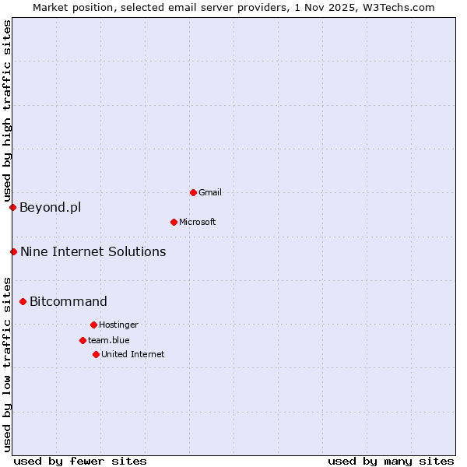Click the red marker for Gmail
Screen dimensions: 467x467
[x=193, y=192]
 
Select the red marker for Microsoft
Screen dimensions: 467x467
[x=174, y=222]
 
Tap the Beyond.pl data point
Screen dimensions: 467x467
[x=12, y=207]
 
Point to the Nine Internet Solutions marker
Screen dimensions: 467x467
[x=13, y=251]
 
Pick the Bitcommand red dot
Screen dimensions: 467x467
[x=23, y=301]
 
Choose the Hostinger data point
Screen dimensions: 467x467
[x=93, y=325]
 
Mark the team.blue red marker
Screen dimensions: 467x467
[x=83, y=340]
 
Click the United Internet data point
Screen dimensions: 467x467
[x=96, y=354]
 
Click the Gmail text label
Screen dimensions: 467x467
[x=210, y=192]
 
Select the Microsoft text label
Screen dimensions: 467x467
[x=198, y=222]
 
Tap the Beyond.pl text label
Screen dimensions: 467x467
[x=50, y=207]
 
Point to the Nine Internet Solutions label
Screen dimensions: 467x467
[x=93, y=251]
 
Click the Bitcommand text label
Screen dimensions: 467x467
[x=68, y=301]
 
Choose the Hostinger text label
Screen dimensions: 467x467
[x=118, y=325]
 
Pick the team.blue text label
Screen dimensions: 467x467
[x=109, y=340]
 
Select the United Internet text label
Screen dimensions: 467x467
[x=133, y=354]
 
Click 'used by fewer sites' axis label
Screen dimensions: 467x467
[x=80, y=461]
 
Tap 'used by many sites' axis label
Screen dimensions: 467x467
[x=391, y=461]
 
